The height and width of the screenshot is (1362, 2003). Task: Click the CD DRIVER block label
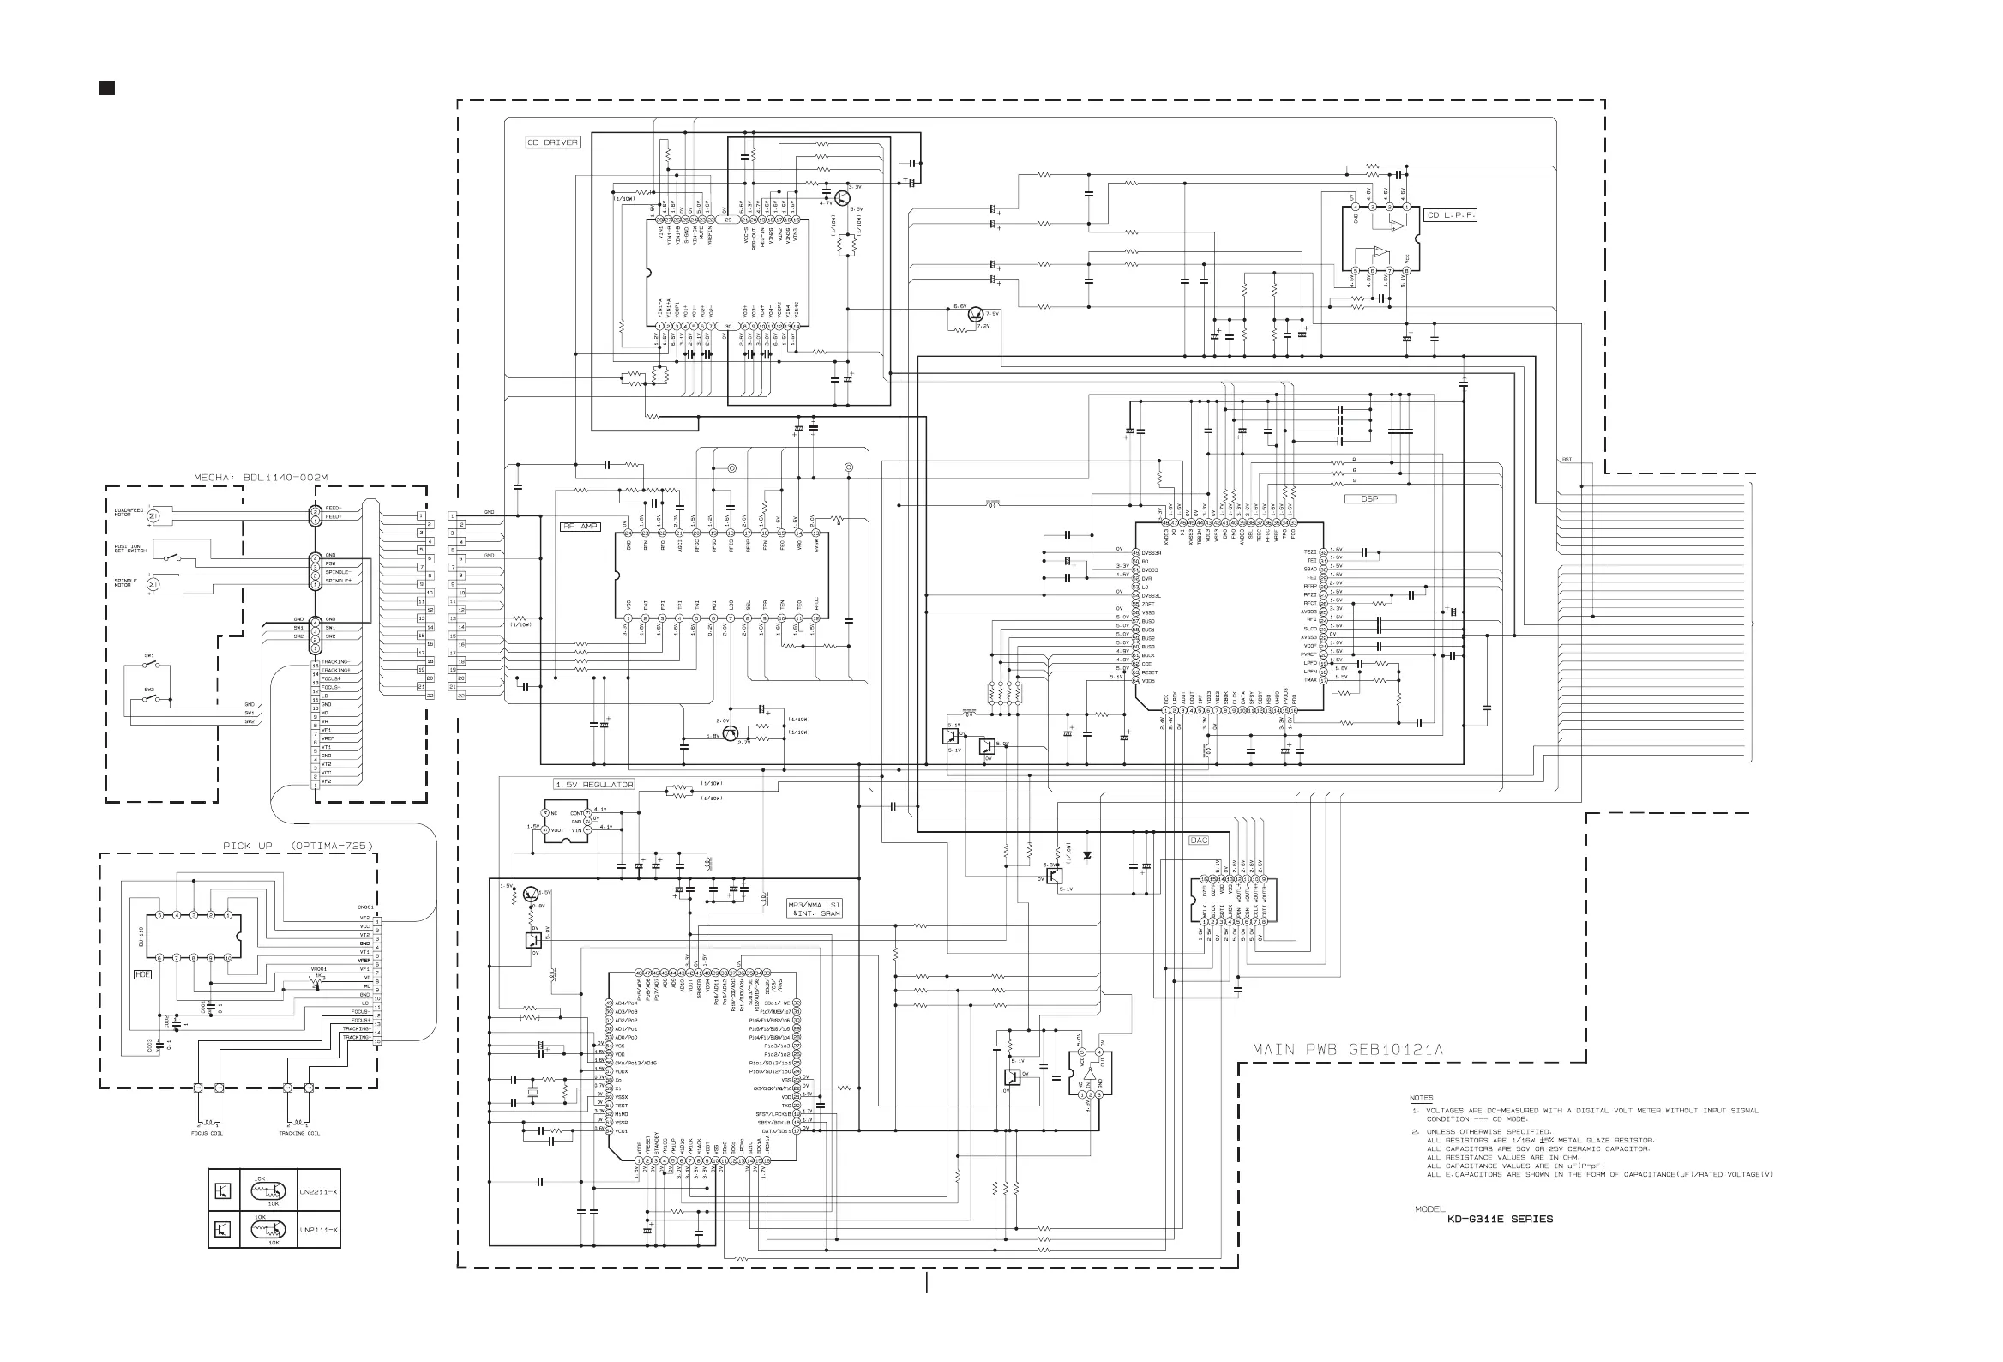point(552,142)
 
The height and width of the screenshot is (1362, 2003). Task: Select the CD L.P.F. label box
point(1451,215)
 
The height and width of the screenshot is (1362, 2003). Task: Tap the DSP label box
point(1369,499)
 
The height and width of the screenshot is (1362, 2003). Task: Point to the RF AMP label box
point(580,527)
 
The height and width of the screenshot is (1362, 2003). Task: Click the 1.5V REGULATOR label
point(595,785)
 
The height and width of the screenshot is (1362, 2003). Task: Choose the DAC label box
point(1199,841)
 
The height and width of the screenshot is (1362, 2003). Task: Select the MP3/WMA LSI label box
point(814,908)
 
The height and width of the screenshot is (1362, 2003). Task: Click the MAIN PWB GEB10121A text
point(1347,1050)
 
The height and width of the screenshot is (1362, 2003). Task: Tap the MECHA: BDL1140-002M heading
point(261,479)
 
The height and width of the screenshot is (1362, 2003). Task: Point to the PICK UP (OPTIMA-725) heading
point(298,846)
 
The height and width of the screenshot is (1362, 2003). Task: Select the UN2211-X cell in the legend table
point(318,1192)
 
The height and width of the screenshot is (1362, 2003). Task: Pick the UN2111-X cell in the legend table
point(318,1230)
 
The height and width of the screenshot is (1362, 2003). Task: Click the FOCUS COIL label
point(207,1134)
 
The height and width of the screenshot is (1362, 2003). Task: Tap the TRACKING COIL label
point(299,1134)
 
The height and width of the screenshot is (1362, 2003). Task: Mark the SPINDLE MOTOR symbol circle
point(153,584)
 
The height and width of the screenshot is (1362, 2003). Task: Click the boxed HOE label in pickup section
point(142,975)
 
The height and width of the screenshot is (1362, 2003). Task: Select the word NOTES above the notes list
point(1422,1098)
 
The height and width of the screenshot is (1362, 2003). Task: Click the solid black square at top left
point(107,88)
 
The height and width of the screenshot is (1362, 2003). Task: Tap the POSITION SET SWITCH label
point(130,549)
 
